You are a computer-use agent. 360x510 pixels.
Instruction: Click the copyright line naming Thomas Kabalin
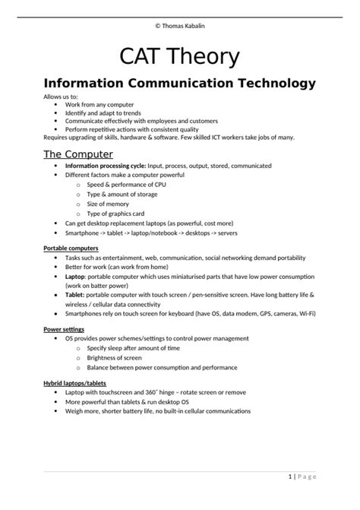pos(179,25)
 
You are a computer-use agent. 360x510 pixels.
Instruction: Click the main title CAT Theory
pos(179,56)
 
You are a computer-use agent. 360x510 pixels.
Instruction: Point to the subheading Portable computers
pos(71,248)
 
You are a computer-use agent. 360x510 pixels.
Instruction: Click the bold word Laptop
pos(76,277)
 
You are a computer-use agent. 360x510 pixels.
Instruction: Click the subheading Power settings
pos(63,329)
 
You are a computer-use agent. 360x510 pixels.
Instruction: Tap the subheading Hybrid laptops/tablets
pos(74,384)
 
